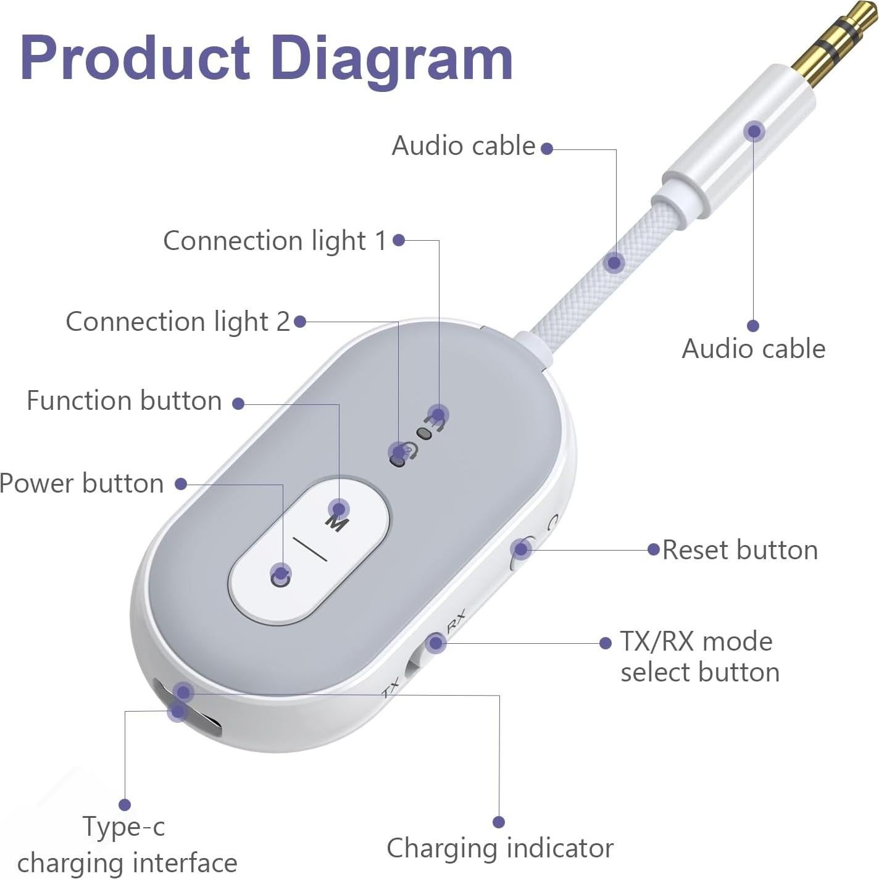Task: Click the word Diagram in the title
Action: pos(391,59)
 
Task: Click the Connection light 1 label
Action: pos(275,241)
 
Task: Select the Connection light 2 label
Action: pos(177,322)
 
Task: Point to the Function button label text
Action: pos(124,401)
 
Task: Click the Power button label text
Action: pos(82,483)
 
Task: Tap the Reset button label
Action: pos(739,550)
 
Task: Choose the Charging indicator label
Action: pos(500,848)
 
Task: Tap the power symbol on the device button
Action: pos(281,578)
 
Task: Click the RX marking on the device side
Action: pos(456,620)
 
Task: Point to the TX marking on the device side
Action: pos(391,689)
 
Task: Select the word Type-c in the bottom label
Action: pos(124,827)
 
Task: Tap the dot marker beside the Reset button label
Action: pos(654,549)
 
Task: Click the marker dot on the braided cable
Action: pos(614,263)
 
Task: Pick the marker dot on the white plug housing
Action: pos(754,131)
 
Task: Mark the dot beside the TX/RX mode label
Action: pos(606,643)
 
